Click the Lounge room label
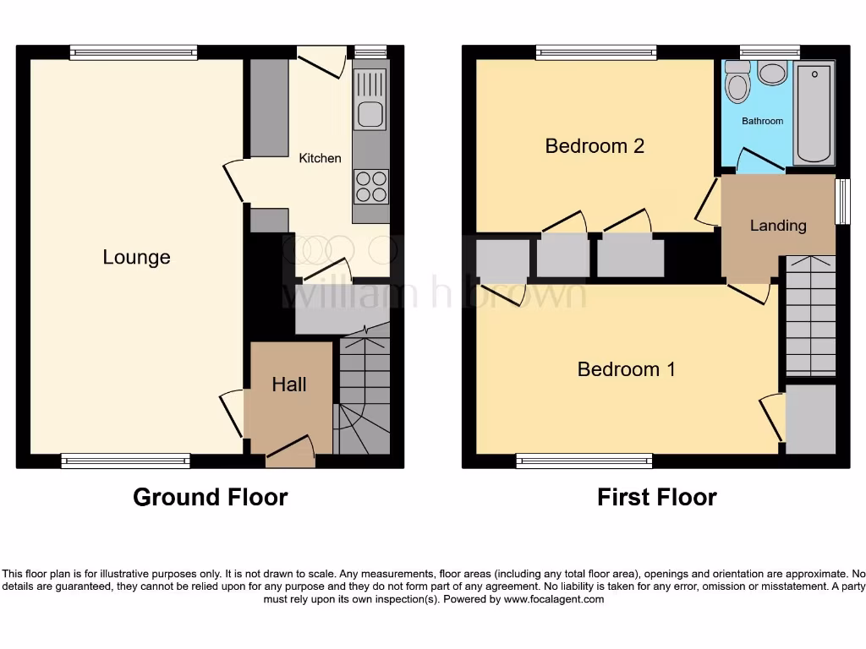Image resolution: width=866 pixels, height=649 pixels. point(136,257)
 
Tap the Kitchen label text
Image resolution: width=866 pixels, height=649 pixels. point(320,158)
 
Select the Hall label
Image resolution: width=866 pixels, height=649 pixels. point(288,384)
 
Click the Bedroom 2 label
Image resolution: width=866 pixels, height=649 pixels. point(595,145)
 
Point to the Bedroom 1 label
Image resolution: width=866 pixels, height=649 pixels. point(626,369)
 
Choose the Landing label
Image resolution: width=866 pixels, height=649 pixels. point(777,225)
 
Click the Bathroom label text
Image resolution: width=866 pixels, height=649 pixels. point(762,121)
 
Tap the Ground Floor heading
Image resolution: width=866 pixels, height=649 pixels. point(210,497)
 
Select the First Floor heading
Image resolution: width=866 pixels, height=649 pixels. point(656,497)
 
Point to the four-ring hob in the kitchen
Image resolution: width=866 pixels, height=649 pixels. point(370,187)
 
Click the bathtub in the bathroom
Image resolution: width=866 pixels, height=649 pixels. point(814,114)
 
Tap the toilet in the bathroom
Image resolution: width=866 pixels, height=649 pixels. point(737,83)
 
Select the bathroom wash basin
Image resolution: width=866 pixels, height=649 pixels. point(772,73)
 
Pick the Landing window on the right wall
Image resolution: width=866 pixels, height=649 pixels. point(842,201)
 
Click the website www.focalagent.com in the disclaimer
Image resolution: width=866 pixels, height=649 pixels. point(554,599)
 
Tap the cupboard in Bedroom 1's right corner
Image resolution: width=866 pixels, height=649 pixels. point(809,419)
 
